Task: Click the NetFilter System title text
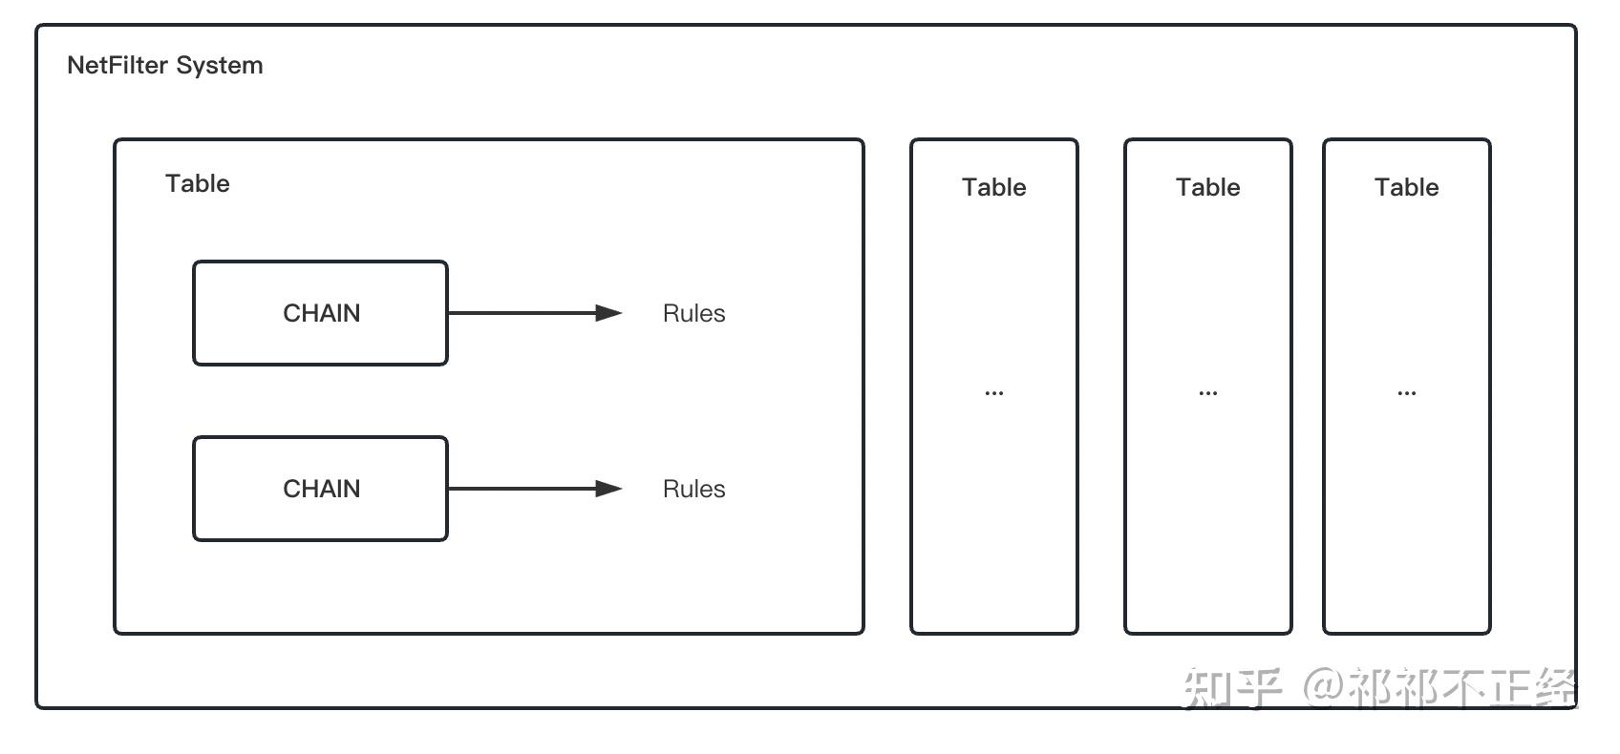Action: pos(164,66)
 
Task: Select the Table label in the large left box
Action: pos(197,183)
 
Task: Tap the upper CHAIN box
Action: pos(320,313)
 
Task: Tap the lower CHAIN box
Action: pos(320,489)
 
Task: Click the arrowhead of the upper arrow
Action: pos(608,313)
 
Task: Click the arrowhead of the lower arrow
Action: pos(608,489)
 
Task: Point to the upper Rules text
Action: pos(693,313)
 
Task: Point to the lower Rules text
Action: pos(693,489)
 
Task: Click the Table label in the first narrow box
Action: pos(993,187)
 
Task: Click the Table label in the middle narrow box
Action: pos(1207,187)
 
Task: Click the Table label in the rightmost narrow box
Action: pos(1406,187)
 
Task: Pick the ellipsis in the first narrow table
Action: pos(993,393)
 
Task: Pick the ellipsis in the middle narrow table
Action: pos(1207,393)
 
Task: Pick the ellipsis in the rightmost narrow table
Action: pos(1406,393)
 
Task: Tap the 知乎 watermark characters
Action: pos(1231,688)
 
